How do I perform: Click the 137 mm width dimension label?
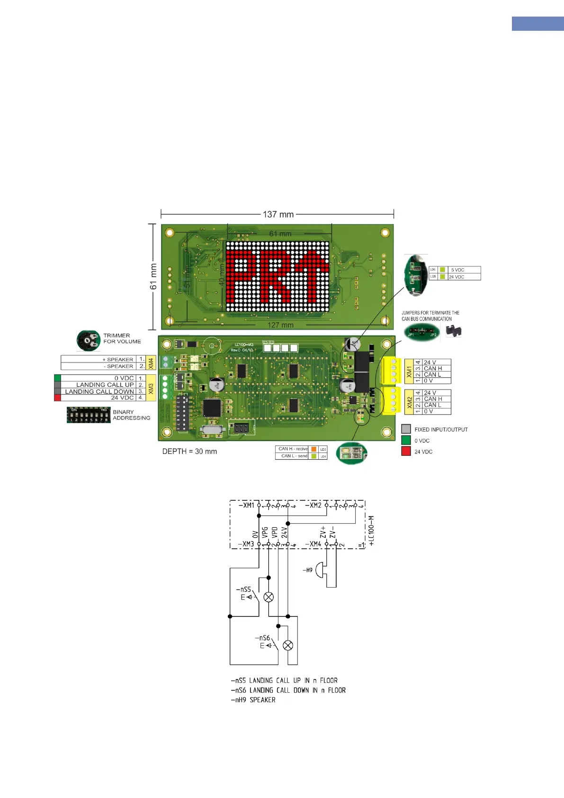[x=278, y=214]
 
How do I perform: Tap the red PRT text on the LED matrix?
[x=278, y=276]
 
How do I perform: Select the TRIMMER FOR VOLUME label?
[x=122, y=338]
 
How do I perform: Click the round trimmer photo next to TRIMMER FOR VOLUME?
[x=88, y=341]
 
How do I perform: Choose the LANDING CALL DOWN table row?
[x=99, y=391]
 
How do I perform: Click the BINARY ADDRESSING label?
[x=131, y=415]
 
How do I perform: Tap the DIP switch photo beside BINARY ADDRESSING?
[x=89, y=415]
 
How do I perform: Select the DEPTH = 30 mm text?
[x=189, y=452]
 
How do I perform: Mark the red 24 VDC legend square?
[x=406, y=452]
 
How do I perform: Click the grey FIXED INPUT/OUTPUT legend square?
[x=406, y=429]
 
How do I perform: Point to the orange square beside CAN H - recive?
[x=313, y=449]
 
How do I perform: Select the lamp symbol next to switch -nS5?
[x=269, y=597]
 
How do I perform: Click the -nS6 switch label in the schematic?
[x=262, y=638]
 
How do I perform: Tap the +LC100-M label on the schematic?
[x=372, y=531]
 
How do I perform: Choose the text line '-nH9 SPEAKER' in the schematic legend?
[x=253, y=700]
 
